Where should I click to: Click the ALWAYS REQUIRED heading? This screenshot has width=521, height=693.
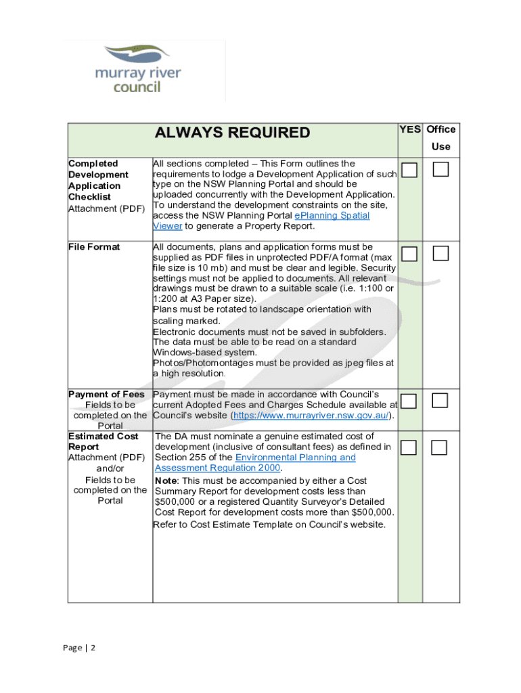click(232, 133)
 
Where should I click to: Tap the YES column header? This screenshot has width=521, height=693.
click(409, 129)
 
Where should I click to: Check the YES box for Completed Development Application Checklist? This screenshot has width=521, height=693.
click(408, 170)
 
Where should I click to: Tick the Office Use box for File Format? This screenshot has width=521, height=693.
click(440, 254)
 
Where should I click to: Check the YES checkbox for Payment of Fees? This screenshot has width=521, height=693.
click(408, 401)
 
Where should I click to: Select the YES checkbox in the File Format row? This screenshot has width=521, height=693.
click(408, 254)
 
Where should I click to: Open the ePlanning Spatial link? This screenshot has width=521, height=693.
click(331, 215)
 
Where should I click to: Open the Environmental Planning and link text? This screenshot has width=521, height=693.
click(295, 457)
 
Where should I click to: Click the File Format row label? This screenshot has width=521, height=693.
click(94, 247)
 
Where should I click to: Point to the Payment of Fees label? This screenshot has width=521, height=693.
click(106, 395)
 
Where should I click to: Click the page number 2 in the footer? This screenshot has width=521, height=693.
click(93, 648)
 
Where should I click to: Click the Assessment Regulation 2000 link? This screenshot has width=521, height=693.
click(218, 468)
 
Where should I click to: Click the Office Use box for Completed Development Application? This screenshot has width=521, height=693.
click(440, 170)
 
